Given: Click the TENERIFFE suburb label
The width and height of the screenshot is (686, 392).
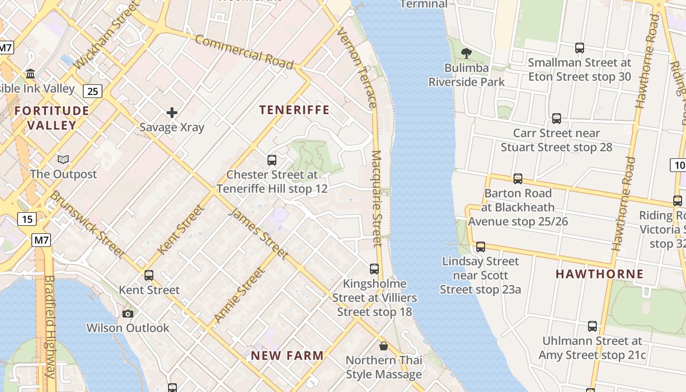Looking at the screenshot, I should [x=294, y=110].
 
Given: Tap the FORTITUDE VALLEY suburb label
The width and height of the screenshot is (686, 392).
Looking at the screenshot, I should [x=51, y=118].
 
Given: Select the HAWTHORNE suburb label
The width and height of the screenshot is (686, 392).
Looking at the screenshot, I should [x=599, y=274].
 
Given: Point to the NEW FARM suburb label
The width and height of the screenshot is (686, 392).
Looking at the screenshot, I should [x=287, y=356].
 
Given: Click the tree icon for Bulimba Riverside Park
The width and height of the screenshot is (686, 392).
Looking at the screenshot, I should [x=466, y=53].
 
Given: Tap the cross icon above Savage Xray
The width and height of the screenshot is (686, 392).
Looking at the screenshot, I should [x=172, y=113].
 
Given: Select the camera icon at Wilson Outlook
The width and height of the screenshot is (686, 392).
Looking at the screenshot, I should [x=128, y=314].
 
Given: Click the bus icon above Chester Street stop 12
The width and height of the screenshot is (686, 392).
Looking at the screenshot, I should [x=271, y=160].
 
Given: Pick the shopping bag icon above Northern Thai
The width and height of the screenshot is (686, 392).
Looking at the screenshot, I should [x=384, y=346].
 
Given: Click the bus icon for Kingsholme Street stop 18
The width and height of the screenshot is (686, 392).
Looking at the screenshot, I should [x=374, y=269].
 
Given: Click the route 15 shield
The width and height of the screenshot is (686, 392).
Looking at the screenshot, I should [x=27, y=219].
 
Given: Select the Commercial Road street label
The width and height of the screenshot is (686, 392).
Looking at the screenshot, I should [x=244, y=52].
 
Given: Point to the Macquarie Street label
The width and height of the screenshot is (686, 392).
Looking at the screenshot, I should [x=376, y=198].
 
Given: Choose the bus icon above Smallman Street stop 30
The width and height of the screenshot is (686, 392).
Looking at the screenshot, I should [x=580, y=48].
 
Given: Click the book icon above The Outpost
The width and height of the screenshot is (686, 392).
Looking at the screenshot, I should [x=63, y=159].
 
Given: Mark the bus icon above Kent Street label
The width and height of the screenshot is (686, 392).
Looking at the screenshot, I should [x=149, y=275].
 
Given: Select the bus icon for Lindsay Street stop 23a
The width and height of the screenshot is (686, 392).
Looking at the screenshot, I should [x=481, y=247].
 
